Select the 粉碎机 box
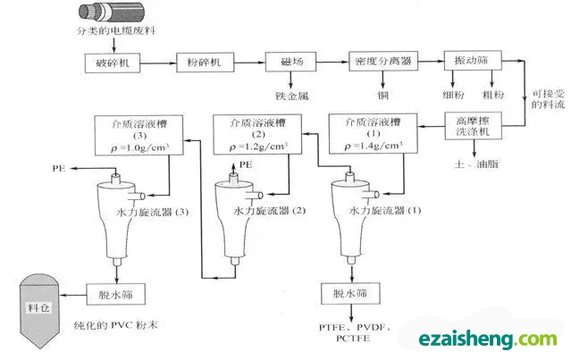[x=204, y=64]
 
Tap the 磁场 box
[x=287, y=64]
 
